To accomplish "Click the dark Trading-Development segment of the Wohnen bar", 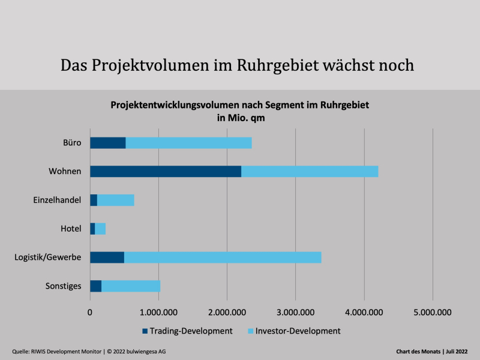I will coord(166,172).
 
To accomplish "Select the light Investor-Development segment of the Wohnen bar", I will coord(310,172).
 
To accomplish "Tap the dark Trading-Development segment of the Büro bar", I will coord(108,143).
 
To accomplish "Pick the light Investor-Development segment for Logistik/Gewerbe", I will coord(223,257).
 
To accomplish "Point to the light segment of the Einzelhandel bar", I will coord(116,200).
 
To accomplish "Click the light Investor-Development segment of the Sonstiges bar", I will coord(131,286).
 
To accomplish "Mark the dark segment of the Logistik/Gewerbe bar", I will coord(107,257).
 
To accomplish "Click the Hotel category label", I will coord(71,229).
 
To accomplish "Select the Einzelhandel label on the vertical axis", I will coord(57,200).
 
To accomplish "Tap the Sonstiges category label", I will coord(63,286).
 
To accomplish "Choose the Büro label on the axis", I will coord(72,143).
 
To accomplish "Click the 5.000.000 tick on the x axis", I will coord(433,312).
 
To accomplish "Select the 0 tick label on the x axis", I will coord(90,312).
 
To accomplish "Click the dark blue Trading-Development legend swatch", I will coord(145,331).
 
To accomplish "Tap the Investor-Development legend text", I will coord(298,331).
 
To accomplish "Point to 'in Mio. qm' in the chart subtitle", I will coord(240,118).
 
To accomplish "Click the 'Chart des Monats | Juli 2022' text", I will coord(431,351).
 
